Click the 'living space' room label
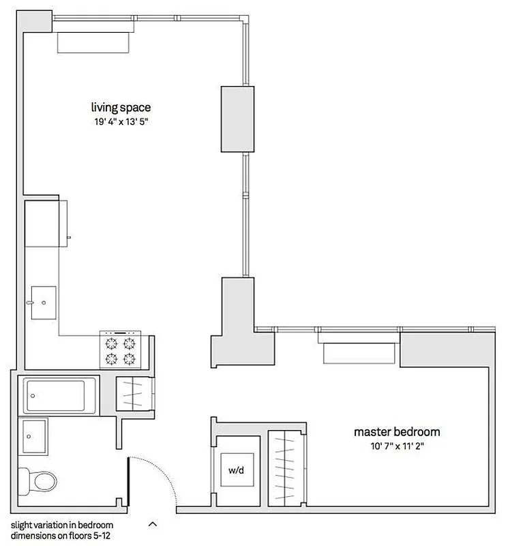click(121, 107)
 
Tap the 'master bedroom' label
click(396, 431)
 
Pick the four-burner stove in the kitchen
click(120, 350)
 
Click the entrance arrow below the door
click(152, 524)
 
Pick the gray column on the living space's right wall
click(237, 119)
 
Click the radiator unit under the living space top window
click(93, 42)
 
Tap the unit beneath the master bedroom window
click(358, 353)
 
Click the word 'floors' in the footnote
click(72, 536)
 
